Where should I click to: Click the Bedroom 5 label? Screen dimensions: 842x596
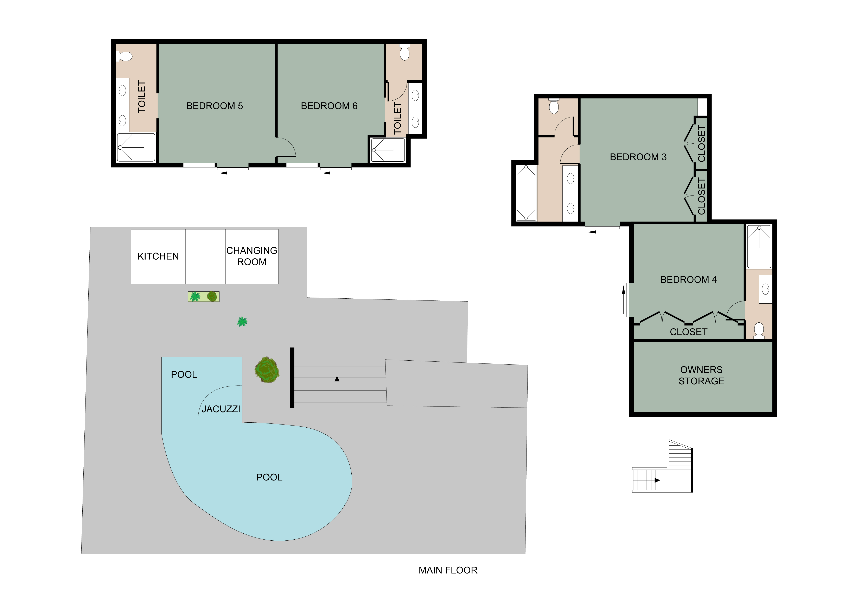click(215, 106)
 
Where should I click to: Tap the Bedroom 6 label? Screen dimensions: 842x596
click(329, 106)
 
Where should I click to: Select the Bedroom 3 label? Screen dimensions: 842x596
click(638, 157)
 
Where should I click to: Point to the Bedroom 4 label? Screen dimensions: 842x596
click(688, 280)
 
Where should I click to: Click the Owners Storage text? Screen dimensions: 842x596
click(701, 375)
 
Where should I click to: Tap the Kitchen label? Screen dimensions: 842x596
click(158, 256)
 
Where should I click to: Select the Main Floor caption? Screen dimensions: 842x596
click(448, 570)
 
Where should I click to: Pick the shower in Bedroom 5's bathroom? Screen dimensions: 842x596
click(136, 148)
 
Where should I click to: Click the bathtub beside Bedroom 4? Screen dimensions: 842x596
click(759, 247)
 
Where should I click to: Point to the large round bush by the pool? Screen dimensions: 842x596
click(267, 370)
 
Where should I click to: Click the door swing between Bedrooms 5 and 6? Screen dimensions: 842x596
click(286, 147)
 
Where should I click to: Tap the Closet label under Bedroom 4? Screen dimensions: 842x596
click(688, 332)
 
